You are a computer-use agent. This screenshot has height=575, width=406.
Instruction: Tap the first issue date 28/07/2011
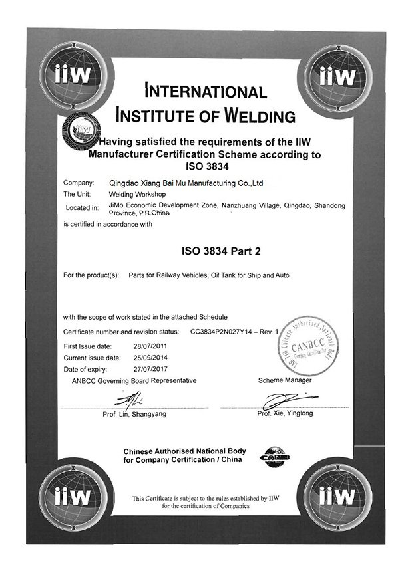pos(148,346)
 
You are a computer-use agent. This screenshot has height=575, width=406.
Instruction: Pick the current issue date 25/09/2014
pos(148,357)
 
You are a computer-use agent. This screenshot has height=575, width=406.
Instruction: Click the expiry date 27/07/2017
pos(148,368)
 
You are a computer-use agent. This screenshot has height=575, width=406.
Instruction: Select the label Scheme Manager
pos(284,380)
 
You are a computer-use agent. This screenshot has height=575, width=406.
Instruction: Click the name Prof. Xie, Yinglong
pos(285,413)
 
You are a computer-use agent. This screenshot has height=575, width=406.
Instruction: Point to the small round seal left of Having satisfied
pos(81,130)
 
